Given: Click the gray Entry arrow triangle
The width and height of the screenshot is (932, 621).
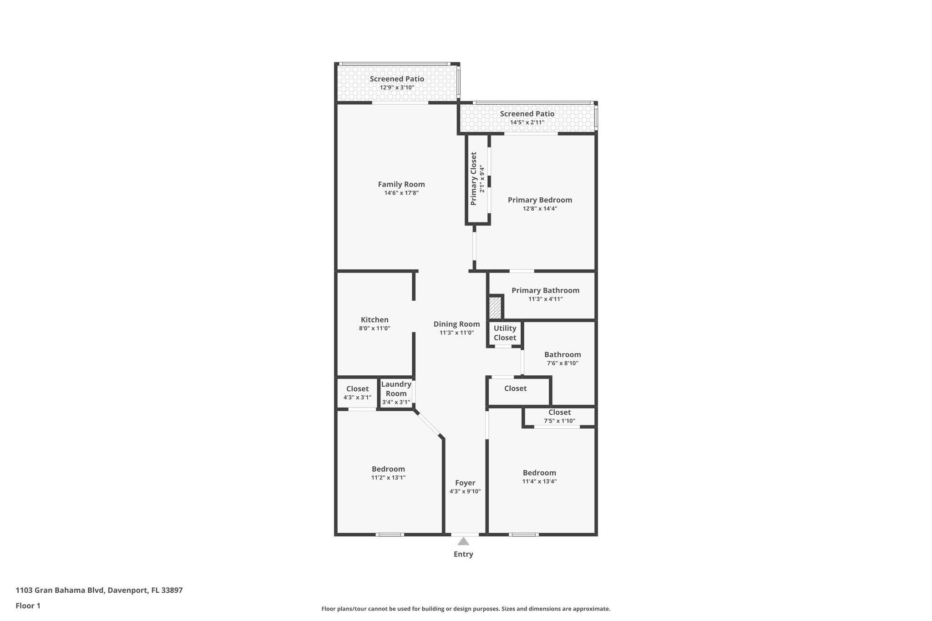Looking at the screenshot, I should coord(463,541).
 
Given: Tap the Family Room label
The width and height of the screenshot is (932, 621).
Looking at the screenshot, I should coord(401,184).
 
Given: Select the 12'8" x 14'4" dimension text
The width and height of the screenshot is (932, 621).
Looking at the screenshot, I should coord(540,209).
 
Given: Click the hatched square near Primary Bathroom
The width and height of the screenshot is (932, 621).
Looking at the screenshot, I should coord(495,308).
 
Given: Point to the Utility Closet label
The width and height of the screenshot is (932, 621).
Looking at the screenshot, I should coord(505,333).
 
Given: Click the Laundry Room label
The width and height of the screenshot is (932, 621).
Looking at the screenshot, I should coord(396,389).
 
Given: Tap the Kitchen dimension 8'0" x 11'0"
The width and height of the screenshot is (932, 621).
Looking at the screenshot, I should coord(375,328).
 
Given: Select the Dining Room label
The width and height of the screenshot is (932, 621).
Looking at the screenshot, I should coord(456,324).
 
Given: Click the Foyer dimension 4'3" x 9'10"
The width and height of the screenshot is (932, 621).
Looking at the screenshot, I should coord(465,491).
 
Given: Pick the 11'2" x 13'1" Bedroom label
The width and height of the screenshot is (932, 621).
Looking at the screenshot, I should coord(388,469).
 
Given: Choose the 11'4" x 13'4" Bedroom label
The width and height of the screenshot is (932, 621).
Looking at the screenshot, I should coord(539,473).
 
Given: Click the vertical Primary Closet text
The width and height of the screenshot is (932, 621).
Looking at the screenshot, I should coord(474,179).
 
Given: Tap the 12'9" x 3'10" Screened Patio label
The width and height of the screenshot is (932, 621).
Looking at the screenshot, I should coord(397,79).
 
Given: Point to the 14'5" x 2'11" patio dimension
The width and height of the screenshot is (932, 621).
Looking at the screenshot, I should coord(527,122).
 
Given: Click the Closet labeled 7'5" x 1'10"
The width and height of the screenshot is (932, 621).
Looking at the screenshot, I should coord(559,413).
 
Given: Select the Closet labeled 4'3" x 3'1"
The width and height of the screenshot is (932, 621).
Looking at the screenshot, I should coord(357,389).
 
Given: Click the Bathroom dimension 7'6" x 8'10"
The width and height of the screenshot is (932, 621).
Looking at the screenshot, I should coord(562,364).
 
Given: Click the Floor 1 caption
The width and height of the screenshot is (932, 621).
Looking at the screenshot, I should coord(28,606).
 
